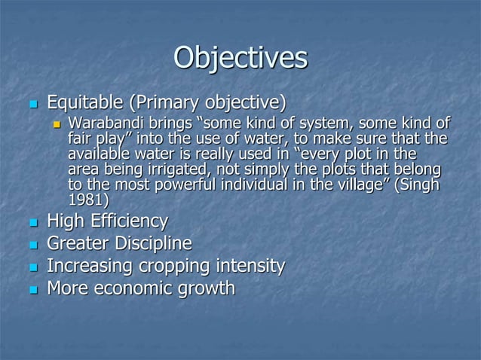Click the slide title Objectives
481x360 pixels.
[240, 58]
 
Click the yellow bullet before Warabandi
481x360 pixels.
[56, 124]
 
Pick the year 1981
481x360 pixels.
[85, 200]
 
